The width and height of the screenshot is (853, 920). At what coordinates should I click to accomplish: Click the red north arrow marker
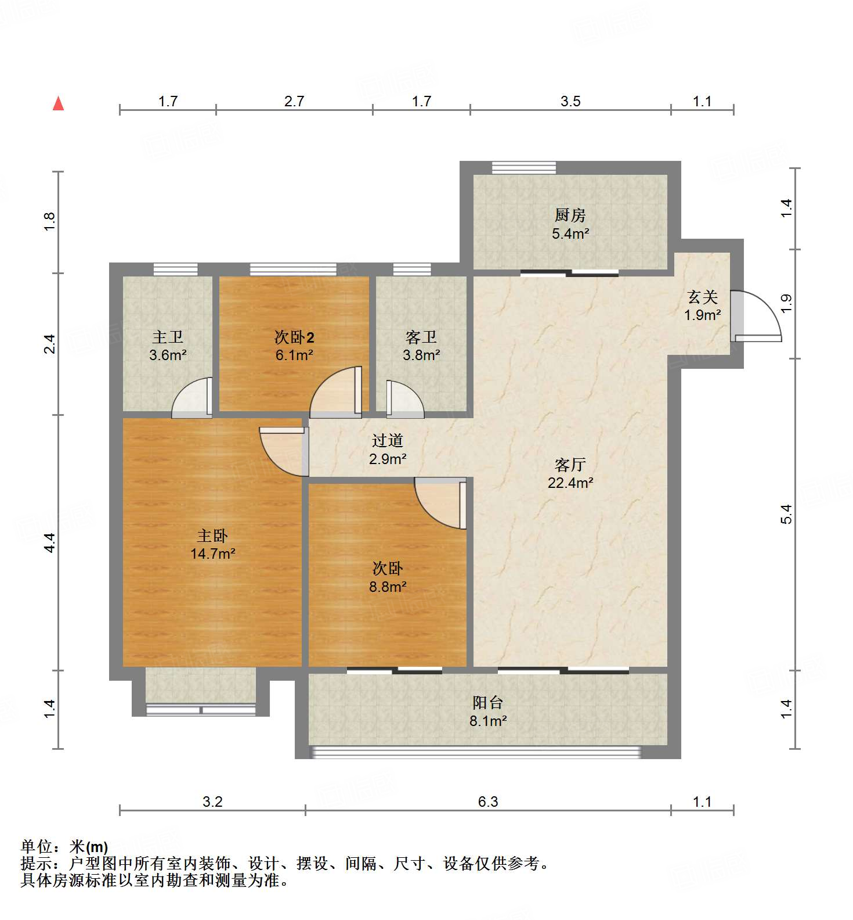click(58, 104)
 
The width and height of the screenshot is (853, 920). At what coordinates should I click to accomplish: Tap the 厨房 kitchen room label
click(570, 215)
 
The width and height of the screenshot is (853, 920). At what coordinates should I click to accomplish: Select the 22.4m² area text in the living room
click(570, 483)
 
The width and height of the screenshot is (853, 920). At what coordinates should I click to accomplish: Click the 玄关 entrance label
click(703, 297)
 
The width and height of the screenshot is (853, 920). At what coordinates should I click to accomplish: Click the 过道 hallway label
click(387, 441)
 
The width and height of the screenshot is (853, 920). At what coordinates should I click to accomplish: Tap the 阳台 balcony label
click(487, 703)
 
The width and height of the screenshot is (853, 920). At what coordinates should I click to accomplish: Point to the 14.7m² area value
click(212, 554)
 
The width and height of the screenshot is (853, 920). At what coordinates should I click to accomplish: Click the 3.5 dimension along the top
click(570, 102)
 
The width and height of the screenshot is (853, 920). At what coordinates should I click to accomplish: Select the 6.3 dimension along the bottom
click(488, 802)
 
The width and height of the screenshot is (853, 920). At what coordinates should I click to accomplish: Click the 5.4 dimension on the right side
click(786, 514)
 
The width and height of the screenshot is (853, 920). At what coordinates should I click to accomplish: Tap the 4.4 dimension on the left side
click(50, 542)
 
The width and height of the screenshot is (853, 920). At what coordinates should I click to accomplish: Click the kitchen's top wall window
click(524, 168)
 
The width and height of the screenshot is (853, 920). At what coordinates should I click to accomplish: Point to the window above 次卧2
click(293, 269)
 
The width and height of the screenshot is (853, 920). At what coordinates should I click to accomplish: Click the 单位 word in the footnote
click(39, 847)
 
